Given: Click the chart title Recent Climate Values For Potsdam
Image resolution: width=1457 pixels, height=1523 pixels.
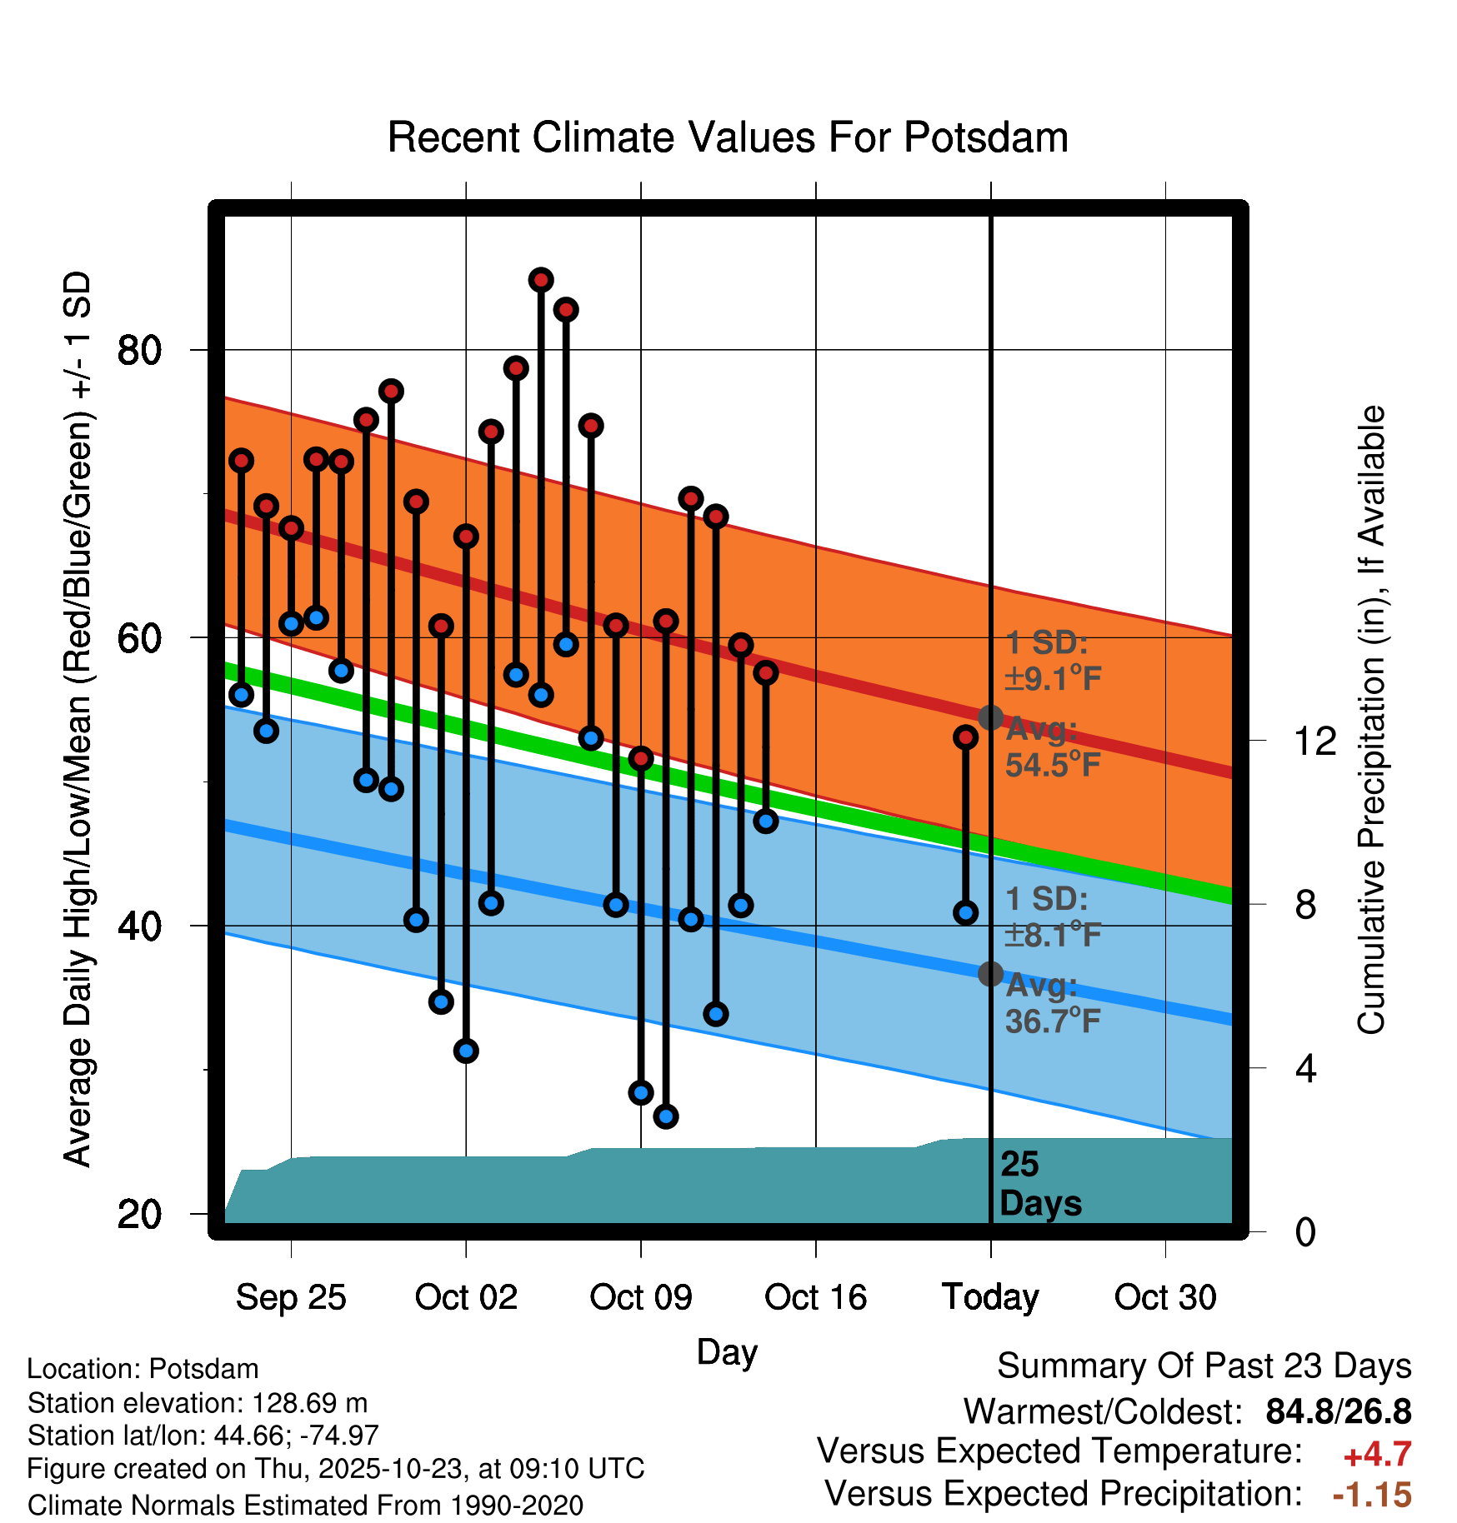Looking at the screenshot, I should point(728,137).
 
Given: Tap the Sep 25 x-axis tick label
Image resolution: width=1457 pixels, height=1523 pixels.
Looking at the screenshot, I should point(290,1297).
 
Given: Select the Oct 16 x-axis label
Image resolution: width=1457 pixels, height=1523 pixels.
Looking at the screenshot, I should point(815,1297).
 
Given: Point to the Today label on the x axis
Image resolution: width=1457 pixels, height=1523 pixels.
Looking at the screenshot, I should point(990,1297).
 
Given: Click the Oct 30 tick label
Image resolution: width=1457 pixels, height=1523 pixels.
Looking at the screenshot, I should point(1165,1297).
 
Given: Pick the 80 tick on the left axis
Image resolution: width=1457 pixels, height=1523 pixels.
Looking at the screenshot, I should point(139,350).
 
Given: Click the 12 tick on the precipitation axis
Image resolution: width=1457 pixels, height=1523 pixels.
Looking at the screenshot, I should point(1315,741).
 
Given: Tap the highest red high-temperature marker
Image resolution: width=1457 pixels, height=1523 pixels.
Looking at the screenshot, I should point(541,280).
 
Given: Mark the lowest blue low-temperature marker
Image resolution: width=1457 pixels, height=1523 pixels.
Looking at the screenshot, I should point(665,1116).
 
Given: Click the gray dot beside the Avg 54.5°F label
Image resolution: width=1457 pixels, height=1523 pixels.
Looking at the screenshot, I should point(990,717).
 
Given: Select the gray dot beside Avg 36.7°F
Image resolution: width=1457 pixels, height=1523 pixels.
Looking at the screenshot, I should point(990,973).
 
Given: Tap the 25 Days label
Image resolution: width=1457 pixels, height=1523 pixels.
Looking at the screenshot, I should point(1039,1184).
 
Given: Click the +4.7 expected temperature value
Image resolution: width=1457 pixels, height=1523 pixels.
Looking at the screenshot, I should point(1377,1455).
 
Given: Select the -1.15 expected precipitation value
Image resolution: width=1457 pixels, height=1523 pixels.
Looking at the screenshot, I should point(1372,1495).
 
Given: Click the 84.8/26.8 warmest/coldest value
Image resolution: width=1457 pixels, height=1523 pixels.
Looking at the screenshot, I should point(1338,1411).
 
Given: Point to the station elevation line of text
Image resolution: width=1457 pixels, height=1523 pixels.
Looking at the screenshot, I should point(198,1403).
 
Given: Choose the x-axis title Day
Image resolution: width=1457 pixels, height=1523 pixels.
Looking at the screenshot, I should point(727,1352).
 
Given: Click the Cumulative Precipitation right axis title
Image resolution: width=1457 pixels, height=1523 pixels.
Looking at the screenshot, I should point(1371,720).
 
